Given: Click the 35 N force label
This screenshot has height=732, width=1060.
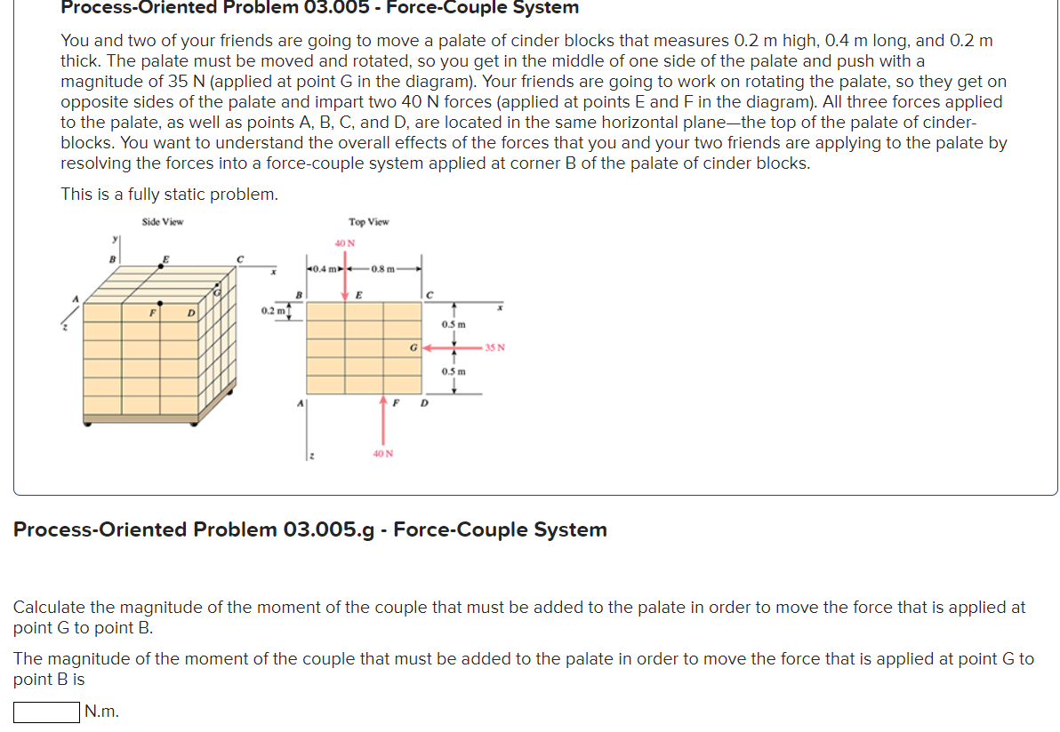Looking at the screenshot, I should [x=494, y=347].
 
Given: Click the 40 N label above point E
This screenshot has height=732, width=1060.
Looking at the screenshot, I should [x=344, y=243].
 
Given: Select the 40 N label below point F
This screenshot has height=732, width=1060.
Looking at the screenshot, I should [x=383, y=453].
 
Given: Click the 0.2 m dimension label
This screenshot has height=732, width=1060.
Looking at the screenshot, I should [x=273, y=310].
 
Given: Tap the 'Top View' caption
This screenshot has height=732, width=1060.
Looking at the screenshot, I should [x=368, y=221].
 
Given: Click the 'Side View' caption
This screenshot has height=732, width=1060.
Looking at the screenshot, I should [x=163, y=221].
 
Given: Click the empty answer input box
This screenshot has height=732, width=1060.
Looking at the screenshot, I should [x=46, y=712].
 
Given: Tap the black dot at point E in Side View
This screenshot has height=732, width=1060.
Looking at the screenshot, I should [x=161, y=264].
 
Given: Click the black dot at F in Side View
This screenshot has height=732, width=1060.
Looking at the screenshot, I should [x=160, y=303].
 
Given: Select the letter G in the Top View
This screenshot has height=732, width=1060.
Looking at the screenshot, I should [x=414, y=347].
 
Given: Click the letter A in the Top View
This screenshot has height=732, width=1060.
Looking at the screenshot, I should [x=300, y=403].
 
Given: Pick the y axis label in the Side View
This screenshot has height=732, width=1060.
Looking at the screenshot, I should [x=114, y=238].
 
